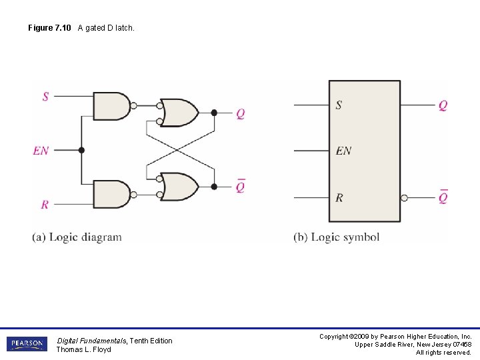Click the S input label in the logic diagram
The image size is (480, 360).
(45, 97)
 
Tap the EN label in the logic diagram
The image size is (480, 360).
(41, 151)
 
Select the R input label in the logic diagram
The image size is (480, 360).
(45, 204)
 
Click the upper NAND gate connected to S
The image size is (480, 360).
(111, 106)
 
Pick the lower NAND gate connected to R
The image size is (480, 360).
(111, 194)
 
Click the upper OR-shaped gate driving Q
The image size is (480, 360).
(179, 113)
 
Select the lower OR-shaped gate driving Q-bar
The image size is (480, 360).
(179, 187)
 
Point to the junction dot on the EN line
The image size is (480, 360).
(81, 150)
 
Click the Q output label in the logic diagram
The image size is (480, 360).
(240, 113)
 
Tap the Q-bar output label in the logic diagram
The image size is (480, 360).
(240, 187)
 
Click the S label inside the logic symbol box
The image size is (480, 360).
(339, 105)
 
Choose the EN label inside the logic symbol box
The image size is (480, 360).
(343, 151)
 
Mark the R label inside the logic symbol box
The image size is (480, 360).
(339, 197)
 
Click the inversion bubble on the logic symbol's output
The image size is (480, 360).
(404, 198)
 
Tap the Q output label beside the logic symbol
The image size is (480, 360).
(443, 105)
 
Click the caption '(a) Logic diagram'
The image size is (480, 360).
(77, 237)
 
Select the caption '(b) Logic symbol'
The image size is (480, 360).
(336, 237)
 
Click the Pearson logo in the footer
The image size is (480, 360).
(27, 344)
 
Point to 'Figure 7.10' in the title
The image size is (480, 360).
(50, 27)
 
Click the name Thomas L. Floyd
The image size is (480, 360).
(83, 349)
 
